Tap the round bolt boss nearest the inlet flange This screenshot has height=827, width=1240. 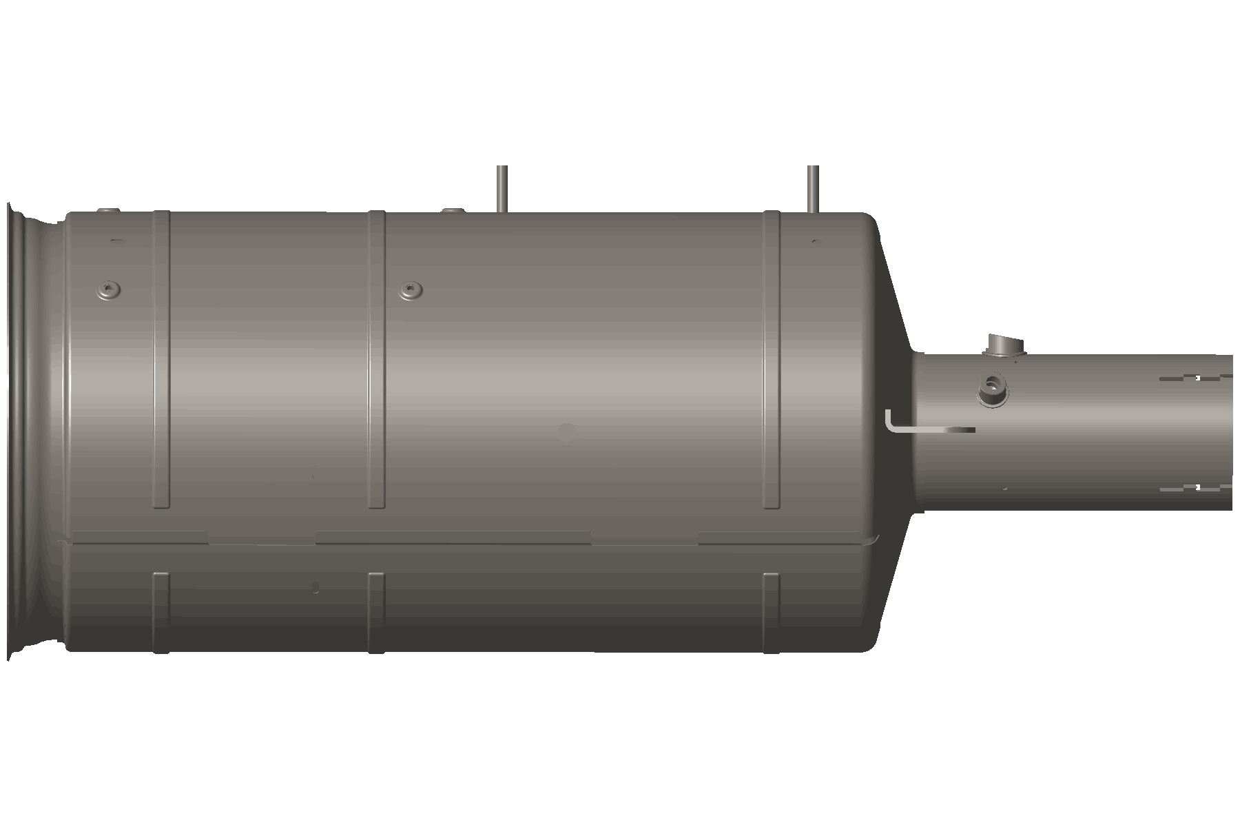coord(108,289)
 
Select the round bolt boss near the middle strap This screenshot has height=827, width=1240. coord(411,290)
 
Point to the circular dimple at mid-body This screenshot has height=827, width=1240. coord(566,432)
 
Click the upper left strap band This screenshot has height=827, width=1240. coord(161,358)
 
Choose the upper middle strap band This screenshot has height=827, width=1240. coord(376,358)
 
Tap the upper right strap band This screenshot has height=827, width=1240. coord(772,358)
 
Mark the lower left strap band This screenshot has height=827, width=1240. coord(161,612)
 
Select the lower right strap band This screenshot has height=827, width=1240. coord(772,612)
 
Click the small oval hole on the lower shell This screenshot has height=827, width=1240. coord(316,587)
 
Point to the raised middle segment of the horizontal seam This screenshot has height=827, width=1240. coord(453,536)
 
